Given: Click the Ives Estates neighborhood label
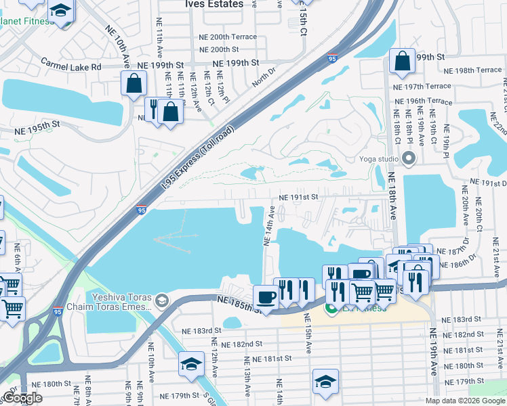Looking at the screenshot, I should tap(214, 4).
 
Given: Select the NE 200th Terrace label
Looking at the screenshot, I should tap(228, 37).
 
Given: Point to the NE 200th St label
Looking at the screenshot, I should tap(215, 49).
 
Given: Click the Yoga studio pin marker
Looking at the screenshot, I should tap(408, 160).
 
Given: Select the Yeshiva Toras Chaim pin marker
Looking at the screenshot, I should tap(161, 300).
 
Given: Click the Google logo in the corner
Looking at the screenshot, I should tap(22, 398).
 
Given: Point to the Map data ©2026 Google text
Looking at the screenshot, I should tap(464, 401).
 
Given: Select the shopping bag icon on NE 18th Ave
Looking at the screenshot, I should tap(403, 61).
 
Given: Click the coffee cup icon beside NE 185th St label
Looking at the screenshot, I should tap(266, 297).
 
